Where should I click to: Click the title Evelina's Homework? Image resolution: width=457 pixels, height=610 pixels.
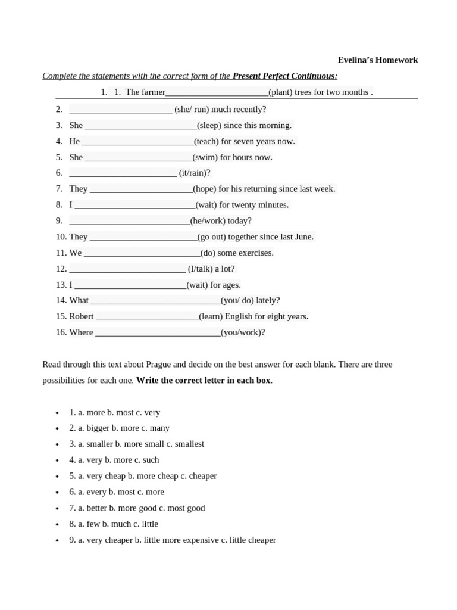377,60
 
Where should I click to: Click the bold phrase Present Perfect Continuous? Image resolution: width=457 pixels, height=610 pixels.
283,76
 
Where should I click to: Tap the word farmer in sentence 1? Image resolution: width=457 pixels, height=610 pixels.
154,92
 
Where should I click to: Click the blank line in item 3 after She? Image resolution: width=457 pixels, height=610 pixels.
140,126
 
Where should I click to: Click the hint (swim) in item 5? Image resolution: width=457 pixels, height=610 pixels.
205,158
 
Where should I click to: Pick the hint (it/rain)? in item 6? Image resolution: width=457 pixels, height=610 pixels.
195,173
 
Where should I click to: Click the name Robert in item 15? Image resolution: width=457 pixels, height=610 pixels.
82,317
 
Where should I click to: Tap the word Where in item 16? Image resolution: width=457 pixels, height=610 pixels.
81,333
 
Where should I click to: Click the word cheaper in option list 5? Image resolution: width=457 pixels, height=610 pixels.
202,477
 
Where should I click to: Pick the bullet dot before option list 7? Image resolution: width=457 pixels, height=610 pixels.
57,509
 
